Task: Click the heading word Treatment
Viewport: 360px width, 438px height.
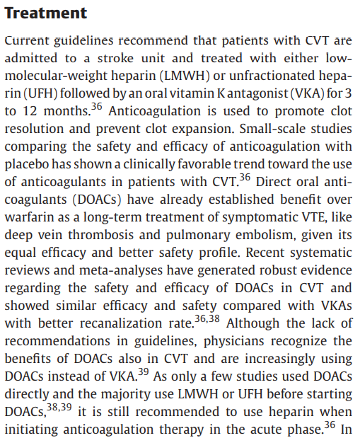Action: pyautogui.click(x=46, y=13)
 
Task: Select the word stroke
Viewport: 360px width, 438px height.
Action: pyautogui.click(x=115, y=58)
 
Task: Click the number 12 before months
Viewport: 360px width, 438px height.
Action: pyautogui.click(x=30, y=111)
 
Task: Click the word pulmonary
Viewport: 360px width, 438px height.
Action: pyautogui.click(x=198, y=235)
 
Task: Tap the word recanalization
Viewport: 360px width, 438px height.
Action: pyautogui.click(x=121, y=323)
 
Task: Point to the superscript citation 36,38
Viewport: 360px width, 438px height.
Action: pyautogui.click(x=207, y=319)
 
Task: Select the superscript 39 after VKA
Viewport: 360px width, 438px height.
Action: pyautogui.click(x=144, y=371)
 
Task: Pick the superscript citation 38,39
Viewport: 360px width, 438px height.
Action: pyautogui.click(x=59, y=408)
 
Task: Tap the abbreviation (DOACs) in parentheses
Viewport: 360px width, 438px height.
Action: pyautogui.click(x=97, y=200)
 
